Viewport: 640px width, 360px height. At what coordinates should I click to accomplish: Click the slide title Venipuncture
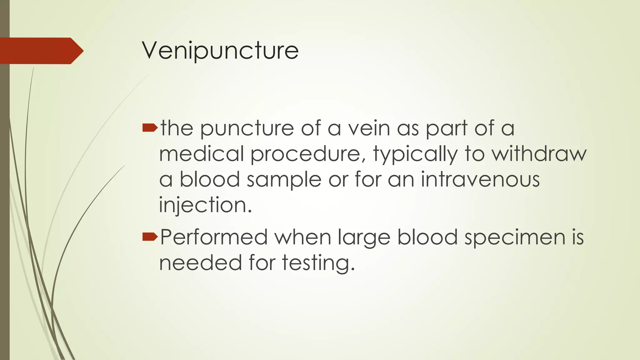point(220,50)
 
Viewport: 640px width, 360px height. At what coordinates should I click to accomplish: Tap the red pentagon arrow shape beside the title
point(41,51)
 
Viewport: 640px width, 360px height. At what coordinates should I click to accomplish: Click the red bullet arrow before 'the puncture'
point(150,127)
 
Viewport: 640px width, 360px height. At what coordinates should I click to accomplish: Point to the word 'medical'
point(202,154)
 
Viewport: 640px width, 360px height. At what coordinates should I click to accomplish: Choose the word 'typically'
point(415,154)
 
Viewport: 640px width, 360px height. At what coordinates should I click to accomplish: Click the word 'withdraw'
point(539,154)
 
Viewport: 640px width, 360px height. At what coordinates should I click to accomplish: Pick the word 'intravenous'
point(480,179)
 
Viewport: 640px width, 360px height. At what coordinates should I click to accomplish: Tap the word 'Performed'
point(214,237)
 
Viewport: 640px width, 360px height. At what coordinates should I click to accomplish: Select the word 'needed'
point(200,262)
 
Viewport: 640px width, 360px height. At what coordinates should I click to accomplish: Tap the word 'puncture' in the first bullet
point(247,129)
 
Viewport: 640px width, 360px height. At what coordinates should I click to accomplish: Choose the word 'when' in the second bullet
point(303,237)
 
